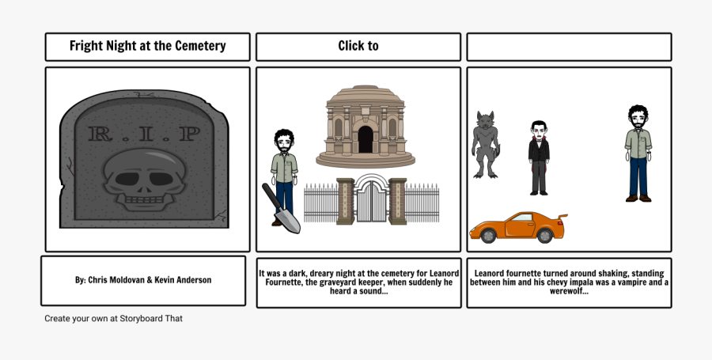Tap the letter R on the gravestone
pos(100,133)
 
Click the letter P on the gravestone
pos(187,133)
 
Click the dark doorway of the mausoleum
pos(365,139)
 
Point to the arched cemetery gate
pos(370,199)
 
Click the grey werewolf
pos(484,144)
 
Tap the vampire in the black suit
pos(539,157)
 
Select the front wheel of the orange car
pos(489,235)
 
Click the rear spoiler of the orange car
pos(562,216)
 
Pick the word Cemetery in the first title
pos(198,46)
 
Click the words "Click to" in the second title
pos(358,46)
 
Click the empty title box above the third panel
pos(569,47)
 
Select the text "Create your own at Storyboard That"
pos(114,318)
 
